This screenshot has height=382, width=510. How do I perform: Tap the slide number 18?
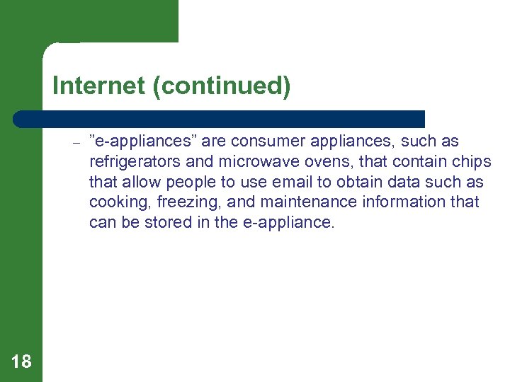coord(21,362)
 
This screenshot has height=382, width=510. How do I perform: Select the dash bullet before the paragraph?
coord(76,142)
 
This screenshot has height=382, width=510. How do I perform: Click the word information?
coord(402,202)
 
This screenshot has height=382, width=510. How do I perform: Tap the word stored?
coord(172,222)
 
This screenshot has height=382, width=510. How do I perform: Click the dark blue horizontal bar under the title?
coord(220,119)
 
